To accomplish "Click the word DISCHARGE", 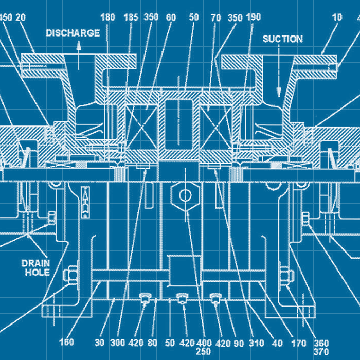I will coord(73,33).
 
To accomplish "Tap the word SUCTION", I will coord(283,39).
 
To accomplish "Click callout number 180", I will coord(107,17).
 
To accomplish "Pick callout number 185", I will coord(131,17).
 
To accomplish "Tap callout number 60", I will coord(171,17).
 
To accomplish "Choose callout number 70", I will coord(215,17).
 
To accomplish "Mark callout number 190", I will coord(254,17).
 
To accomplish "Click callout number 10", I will coord(337,17).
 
